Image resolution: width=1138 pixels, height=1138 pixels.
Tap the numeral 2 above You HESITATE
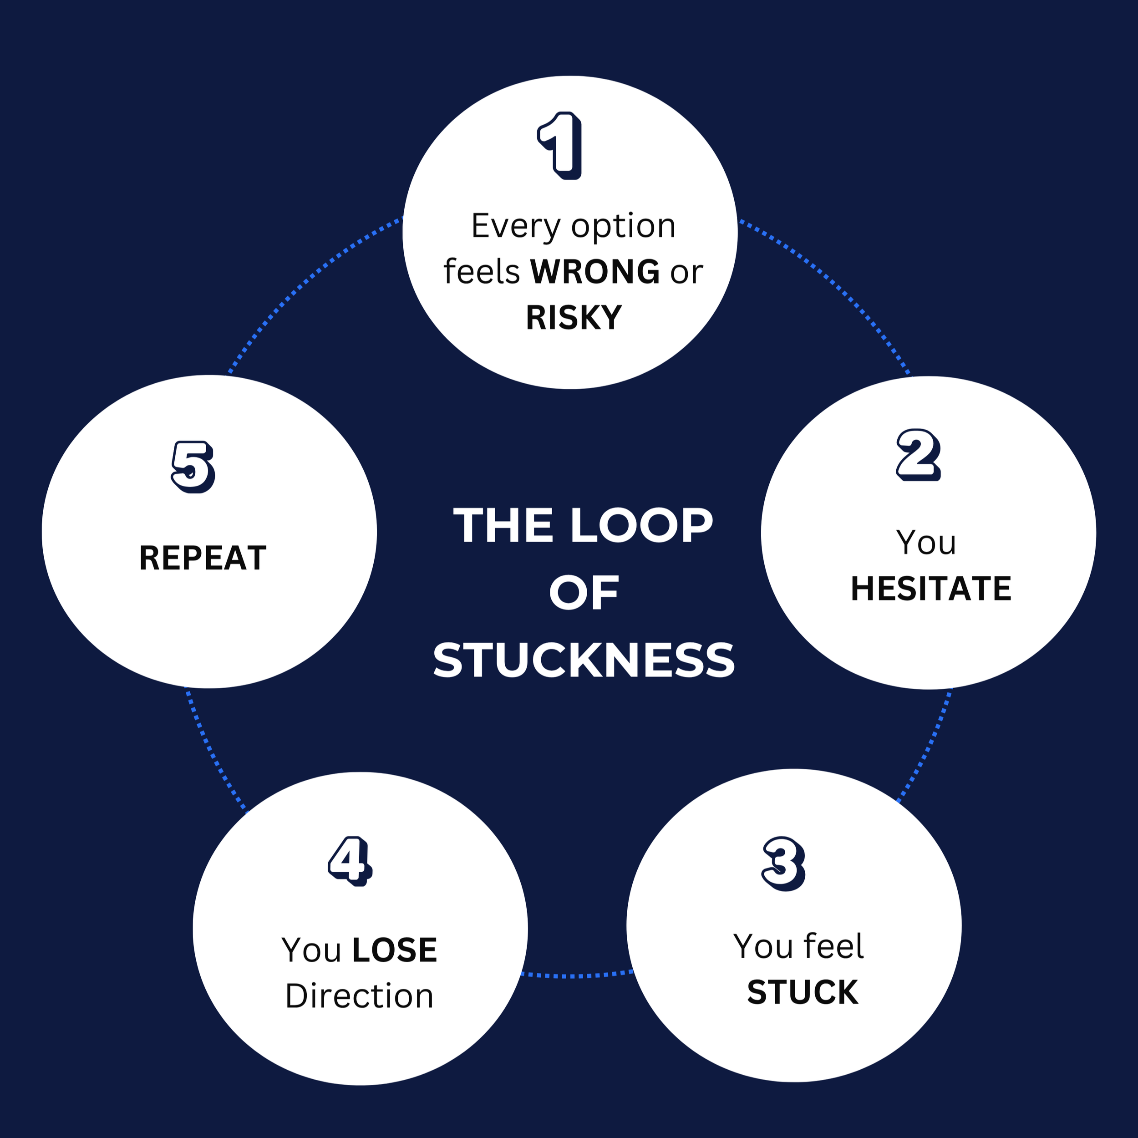pyautogui.click(x=918, y=455)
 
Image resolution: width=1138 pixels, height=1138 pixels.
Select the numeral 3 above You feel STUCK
pyautogui.click(x=783, y=864)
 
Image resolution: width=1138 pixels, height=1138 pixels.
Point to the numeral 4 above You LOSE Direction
pyautogui.click(x=350, y=861)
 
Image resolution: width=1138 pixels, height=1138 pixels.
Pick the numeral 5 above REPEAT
pyautogui.click(x=193, y=467)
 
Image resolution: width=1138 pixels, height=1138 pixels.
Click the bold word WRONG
pyautogui.click(x=595, y=272)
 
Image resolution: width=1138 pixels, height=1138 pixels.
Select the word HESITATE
pyautogui.click(x=931, y=589)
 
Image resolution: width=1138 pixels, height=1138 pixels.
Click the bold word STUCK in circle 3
pyautogui.click(x=802, y=992)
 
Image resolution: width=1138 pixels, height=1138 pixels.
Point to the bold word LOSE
pyautogui.click(x=395, y=950)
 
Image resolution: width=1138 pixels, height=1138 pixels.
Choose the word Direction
pyautogui.click(x=359, y=996)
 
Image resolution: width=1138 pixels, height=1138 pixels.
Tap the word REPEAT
pyautogui.click(x=203, y=558)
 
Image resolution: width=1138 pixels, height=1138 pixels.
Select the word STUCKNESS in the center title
pyautogui.click(x=584, y=660)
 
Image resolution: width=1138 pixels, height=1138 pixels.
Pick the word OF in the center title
pyautogui.click(x=584, y=593)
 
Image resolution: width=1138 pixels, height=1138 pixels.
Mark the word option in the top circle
pyautogui.click(x=623, y=226)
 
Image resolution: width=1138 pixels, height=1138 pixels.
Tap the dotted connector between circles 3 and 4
pyautogui.click(x=576, y=975)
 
